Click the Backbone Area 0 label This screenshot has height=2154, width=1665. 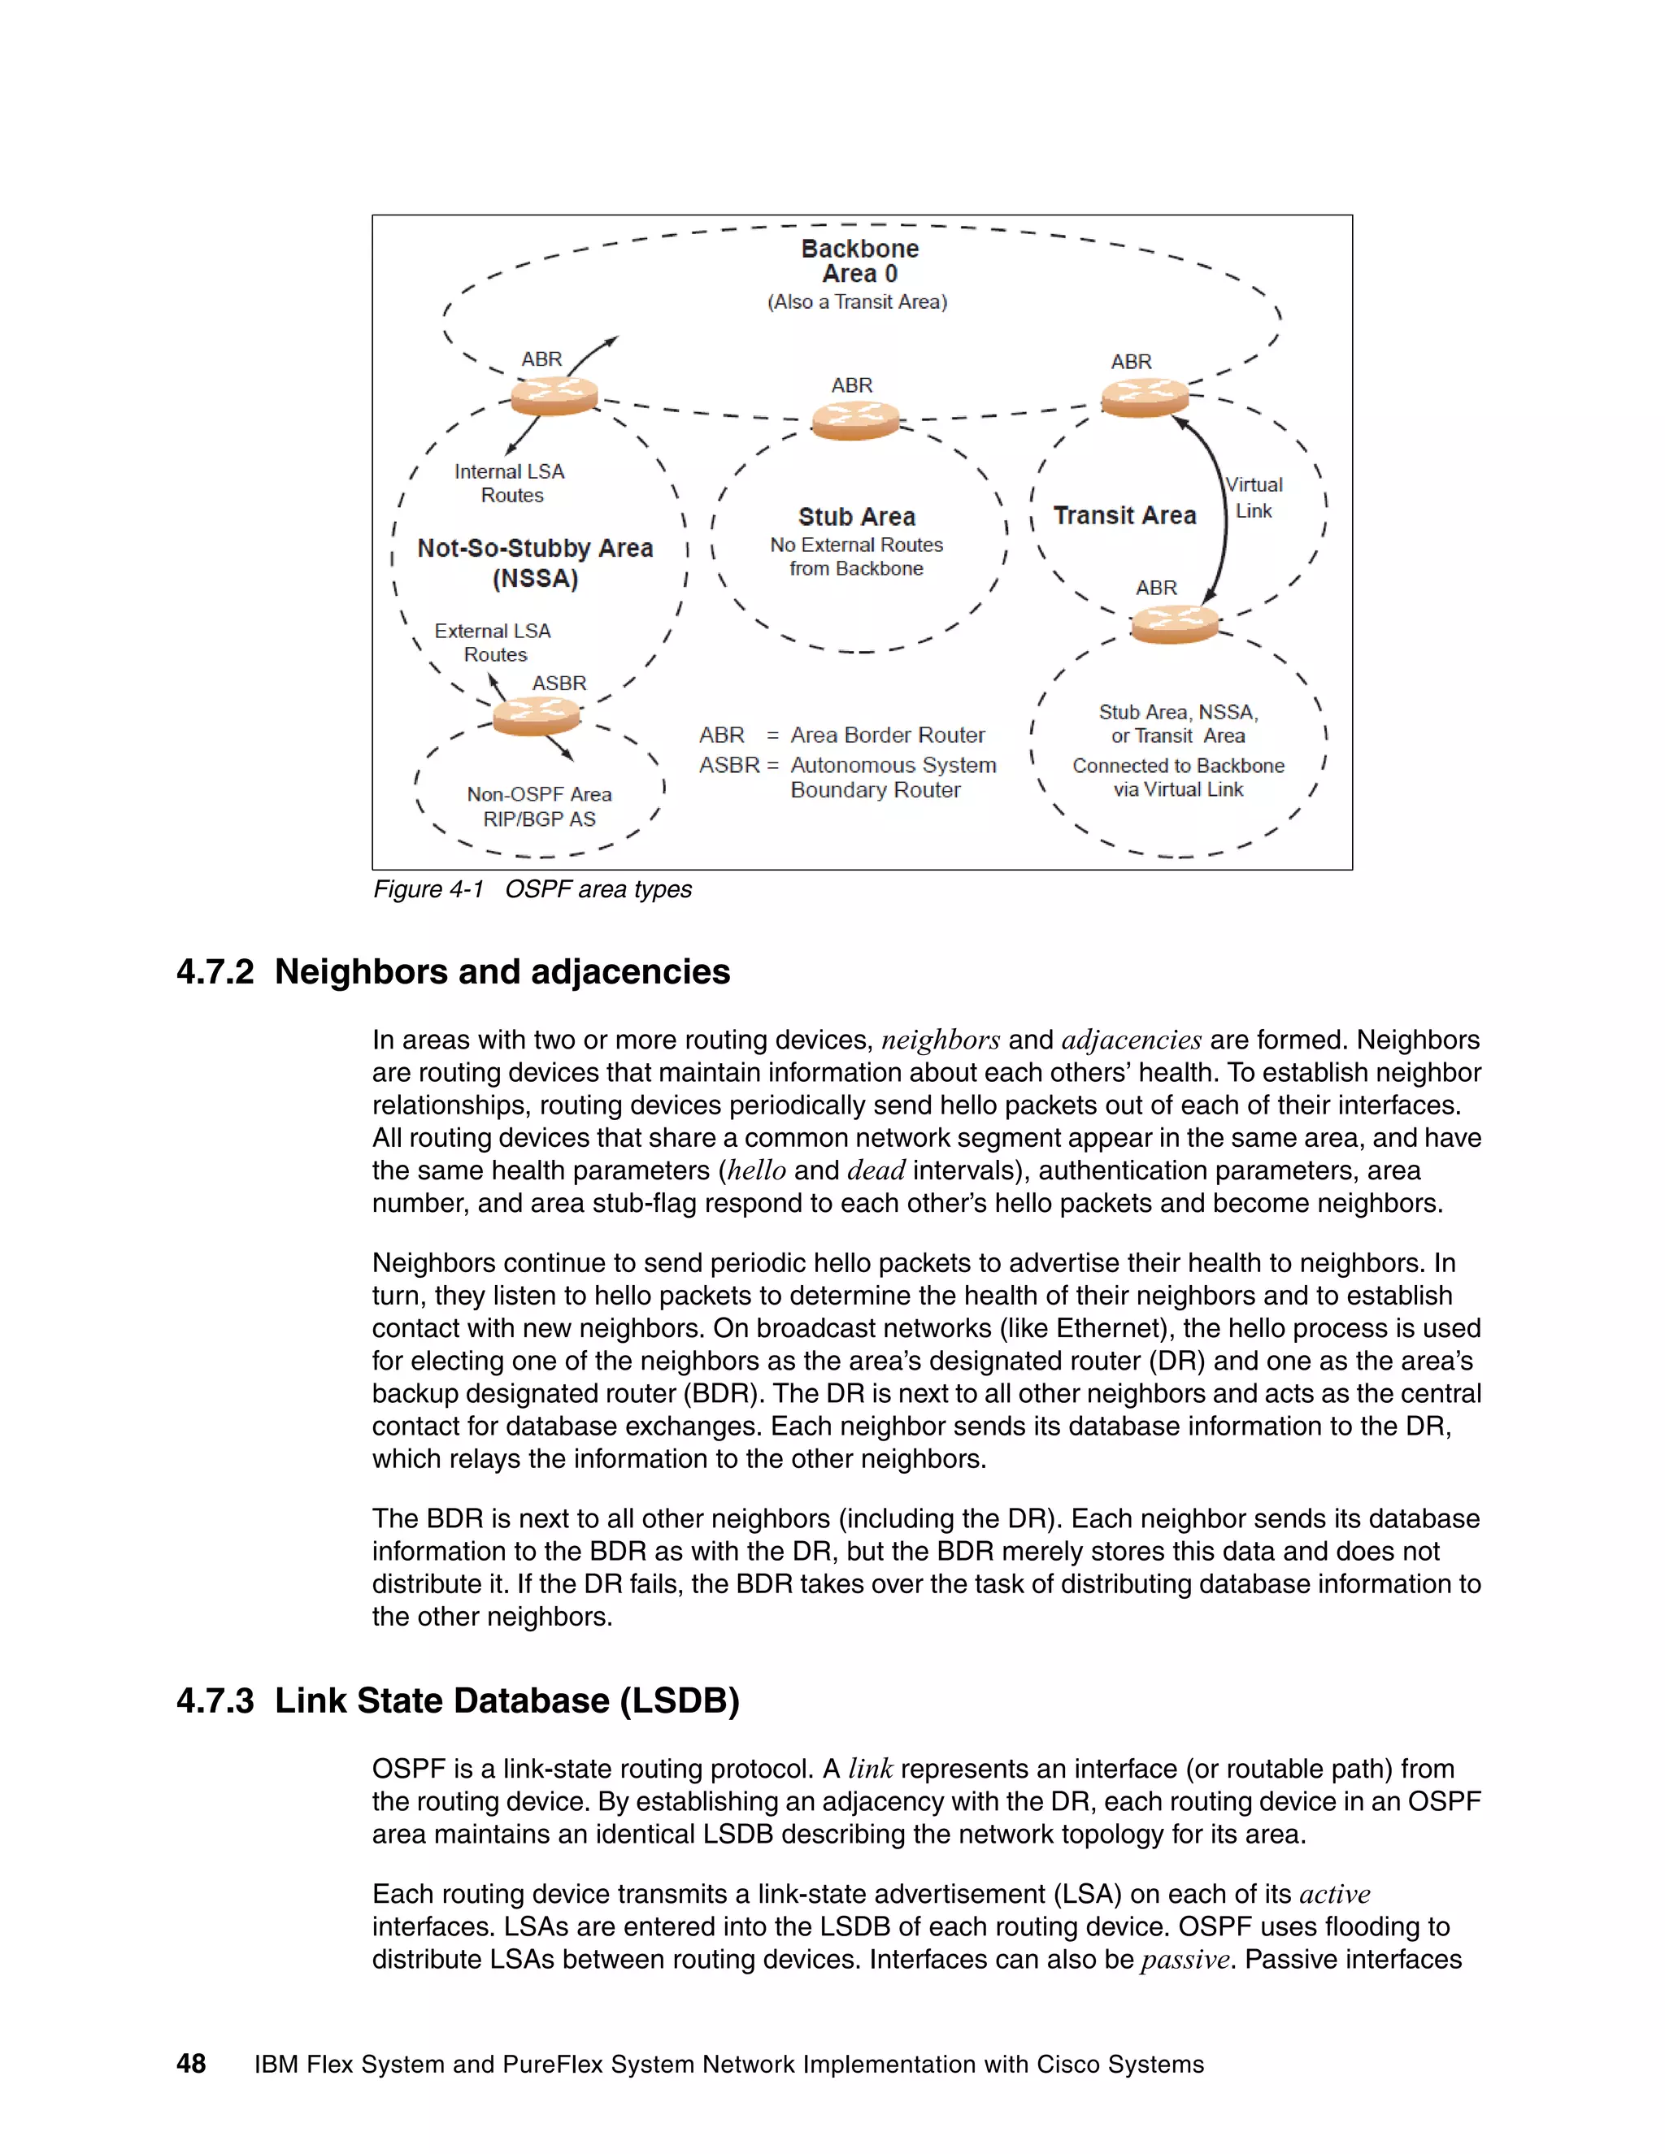point(859,262)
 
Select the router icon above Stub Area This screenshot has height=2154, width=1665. point(855,421)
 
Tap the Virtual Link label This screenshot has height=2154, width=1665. point(1254,498)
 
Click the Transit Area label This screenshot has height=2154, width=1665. point(1124,516)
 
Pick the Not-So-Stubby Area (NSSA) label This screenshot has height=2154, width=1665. point(535,563)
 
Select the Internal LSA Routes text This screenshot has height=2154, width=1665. point(510,484)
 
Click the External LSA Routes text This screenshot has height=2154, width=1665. point(493,642)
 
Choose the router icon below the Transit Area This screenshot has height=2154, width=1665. point(1174,623)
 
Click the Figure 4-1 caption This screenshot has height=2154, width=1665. point(532,889)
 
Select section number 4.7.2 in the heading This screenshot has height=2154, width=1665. point(215,972)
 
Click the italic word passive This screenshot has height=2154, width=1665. point(1184,1960)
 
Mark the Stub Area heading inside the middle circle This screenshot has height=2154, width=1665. point(856,517)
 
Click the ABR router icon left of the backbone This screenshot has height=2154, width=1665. point(554,397)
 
